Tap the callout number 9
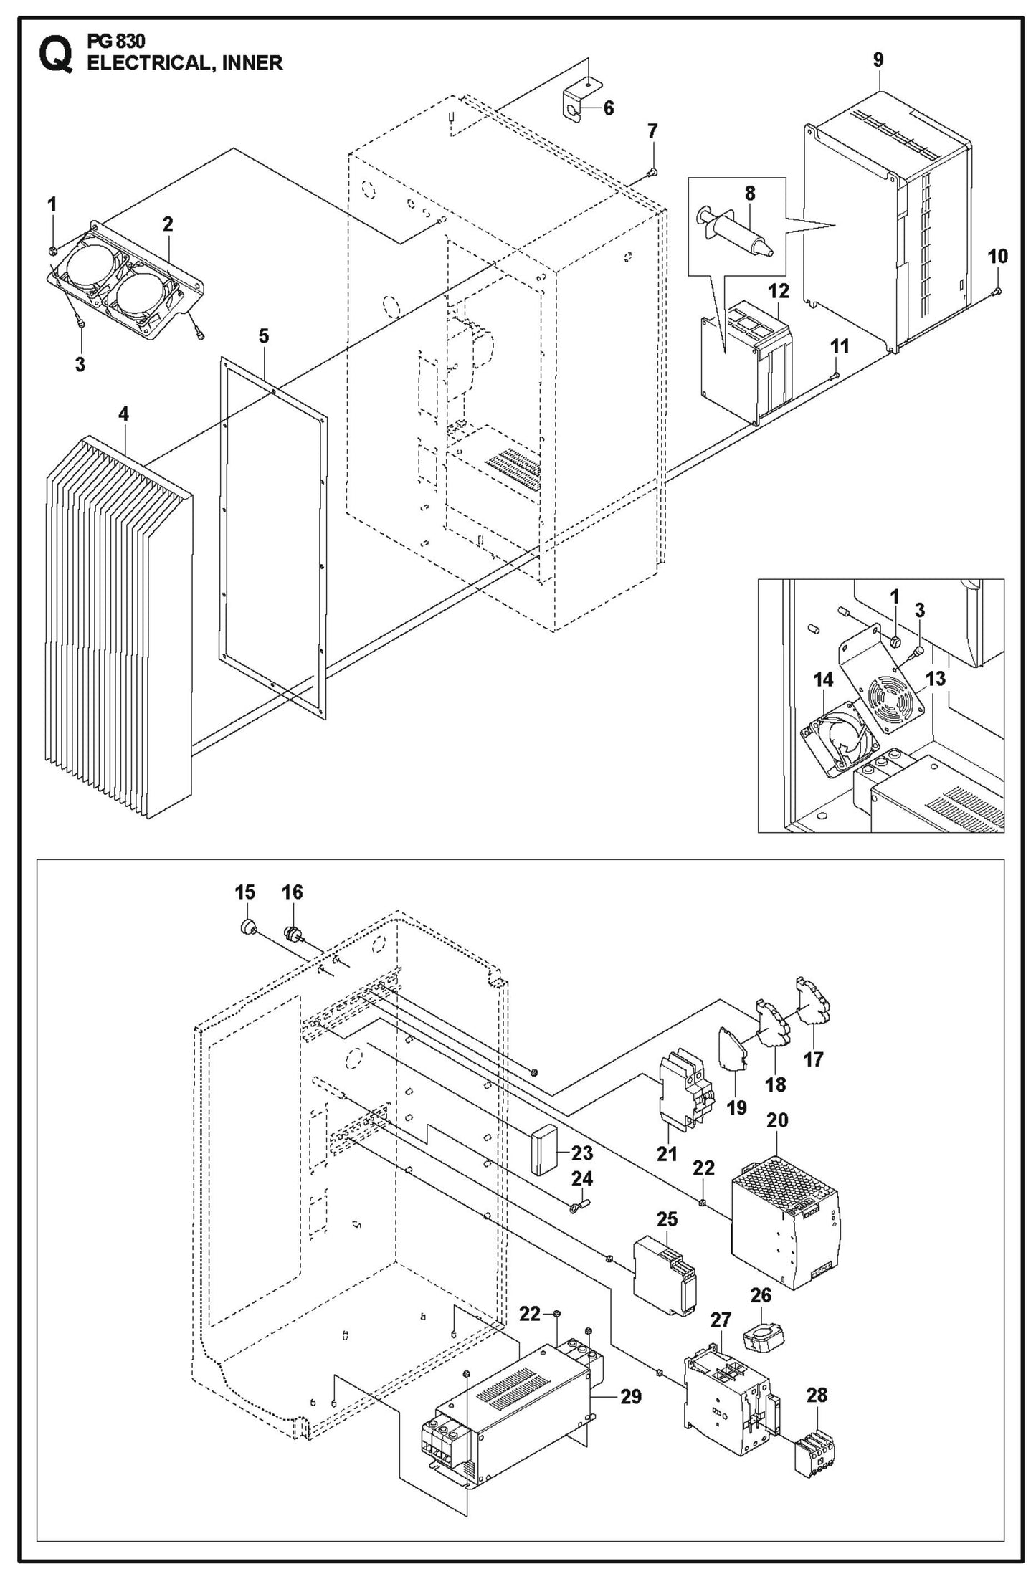[878, 60]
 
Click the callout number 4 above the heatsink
[124, 414]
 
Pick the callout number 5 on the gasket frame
[264, 336]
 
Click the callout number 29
[631, 1396]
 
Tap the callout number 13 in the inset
[936, 678]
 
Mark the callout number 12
[778, 291]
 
